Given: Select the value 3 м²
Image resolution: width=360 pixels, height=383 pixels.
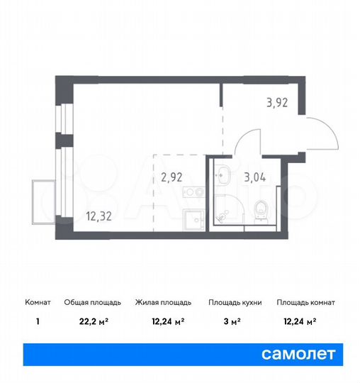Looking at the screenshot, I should click(235, 321).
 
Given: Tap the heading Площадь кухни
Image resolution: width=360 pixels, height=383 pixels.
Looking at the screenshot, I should click(235, 302).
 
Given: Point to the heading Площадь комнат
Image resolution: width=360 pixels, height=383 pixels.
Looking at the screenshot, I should click(305, 302).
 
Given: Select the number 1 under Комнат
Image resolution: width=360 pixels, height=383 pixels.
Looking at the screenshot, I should click(38, 321).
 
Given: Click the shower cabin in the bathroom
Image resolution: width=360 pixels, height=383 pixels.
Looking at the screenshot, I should click(228, 211).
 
